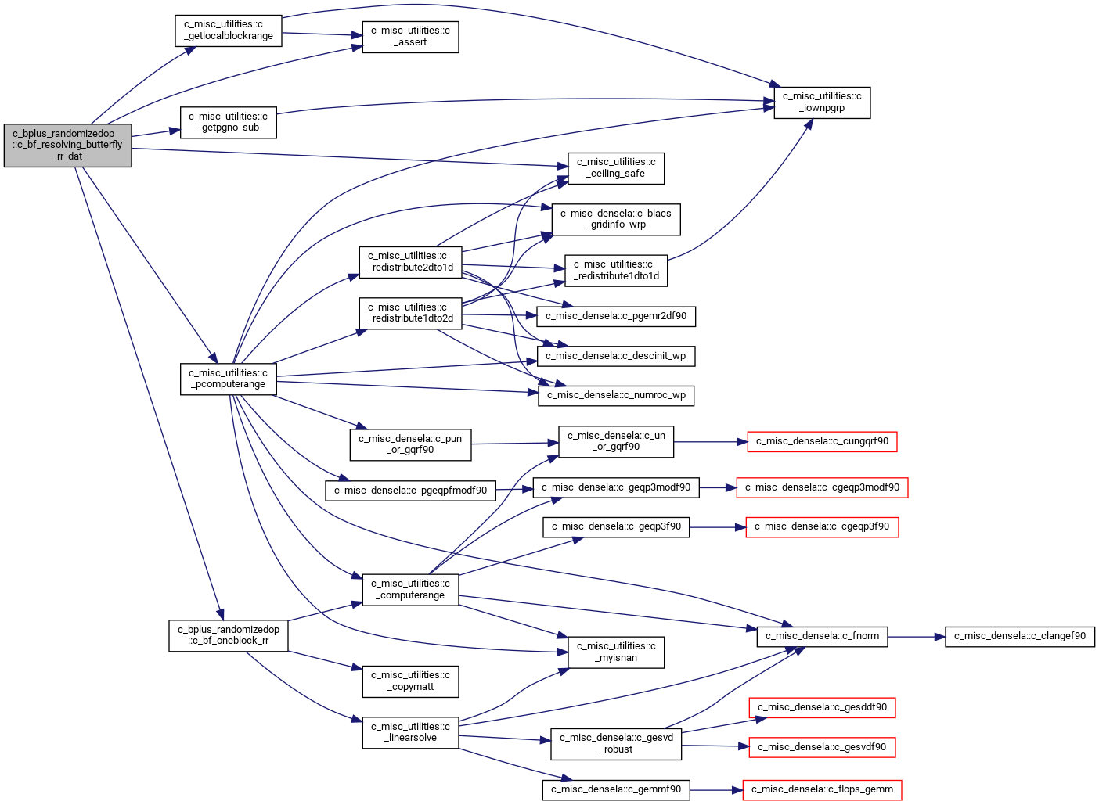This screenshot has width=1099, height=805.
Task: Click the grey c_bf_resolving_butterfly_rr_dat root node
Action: click(x=67, y=145)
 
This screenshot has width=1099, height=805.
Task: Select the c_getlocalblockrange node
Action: click(x=228, y=31)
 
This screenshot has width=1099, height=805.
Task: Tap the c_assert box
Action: click(x=410, y=37)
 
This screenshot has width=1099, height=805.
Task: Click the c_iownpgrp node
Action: click(x=822, y=102)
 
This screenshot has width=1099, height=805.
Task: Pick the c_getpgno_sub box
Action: click(x=228, y=123)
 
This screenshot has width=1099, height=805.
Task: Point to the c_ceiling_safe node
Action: click(x=616, y=168)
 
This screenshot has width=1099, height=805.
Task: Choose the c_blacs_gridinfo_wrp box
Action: click(x=616, y=220)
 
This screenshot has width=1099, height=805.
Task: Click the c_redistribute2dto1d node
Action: click(x=410, y=262)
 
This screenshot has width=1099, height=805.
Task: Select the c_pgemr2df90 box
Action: click(x=616, y=316)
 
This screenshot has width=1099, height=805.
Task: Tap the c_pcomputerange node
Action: click(x=228, y=379)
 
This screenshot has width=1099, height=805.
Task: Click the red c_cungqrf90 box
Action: click(x=822, y=442)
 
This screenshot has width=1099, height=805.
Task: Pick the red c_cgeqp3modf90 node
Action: click(x=822, y=488)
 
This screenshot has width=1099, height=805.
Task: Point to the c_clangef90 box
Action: click(x=1019, y=637)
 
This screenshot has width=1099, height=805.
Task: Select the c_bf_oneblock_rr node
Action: click(x=228, y=636)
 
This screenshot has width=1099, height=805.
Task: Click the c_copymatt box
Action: click(x=410, y=681)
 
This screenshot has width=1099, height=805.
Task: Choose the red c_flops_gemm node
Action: click(x=822, y=790)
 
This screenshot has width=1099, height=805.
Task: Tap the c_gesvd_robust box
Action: click(x=616, y=744)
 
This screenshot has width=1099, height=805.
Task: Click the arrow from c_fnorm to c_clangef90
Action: click(x=917, y=637)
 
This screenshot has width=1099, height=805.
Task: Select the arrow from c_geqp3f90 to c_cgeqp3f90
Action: click(x=718, y=527)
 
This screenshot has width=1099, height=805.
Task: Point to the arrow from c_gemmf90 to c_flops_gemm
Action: click(x=716, y=790)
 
